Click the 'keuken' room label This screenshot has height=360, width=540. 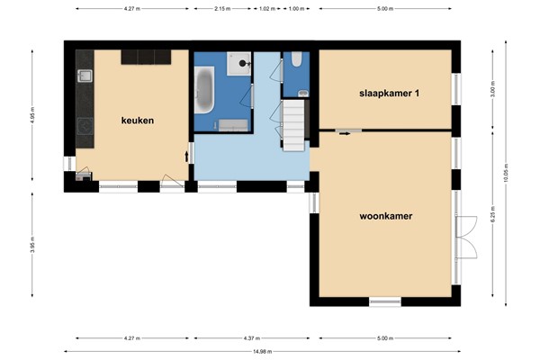138,120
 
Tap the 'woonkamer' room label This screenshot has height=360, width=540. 384,216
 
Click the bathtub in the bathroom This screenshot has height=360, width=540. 204,94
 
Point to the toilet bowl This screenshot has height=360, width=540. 297,63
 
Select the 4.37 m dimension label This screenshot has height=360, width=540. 253,338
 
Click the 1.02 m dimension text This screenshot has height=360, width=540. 265,9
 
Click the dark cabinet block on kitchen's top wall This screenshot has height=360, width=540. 146,57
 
